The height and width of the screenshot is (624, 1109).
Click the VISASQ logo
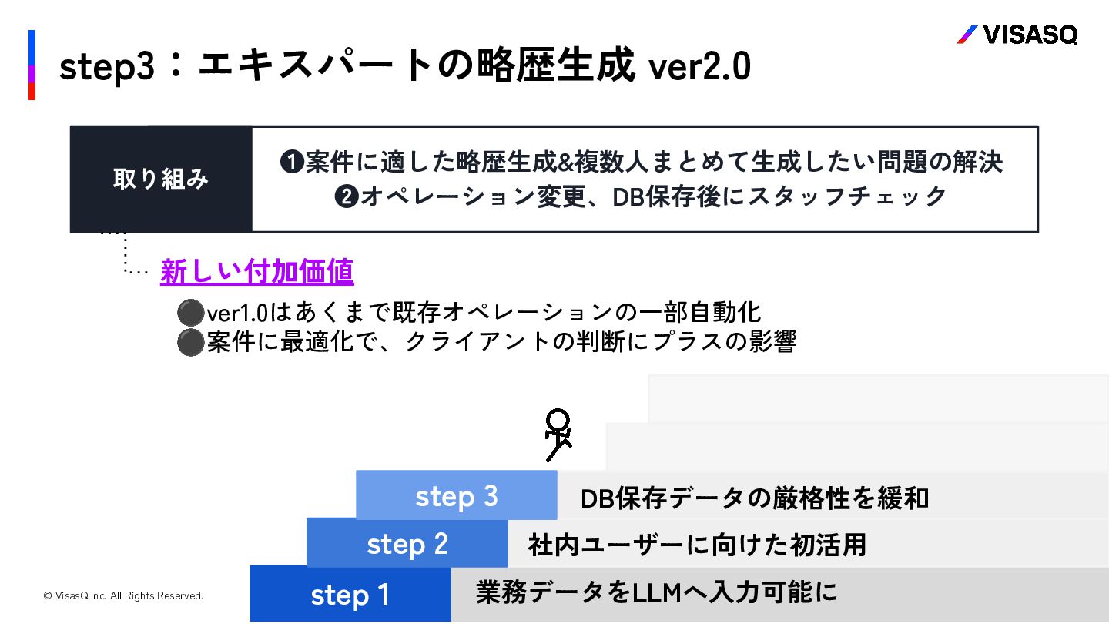(1017, 35)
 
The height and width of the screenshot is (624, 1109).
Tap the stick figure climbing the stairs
(558, 435)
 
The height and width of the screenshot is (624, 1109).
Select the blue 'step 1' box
(350, 594)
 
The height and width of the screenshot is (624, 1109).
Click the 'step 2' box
(407, 544)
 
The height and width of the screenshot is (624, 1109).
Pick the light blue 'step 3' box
(457, 495)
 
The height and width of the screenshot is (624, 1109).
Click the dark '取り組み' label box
(161, 179)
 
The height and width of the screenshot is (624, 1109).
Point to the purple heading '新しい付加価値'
(256, 271)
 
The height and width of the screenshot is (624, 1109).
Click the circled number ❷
(346, 197)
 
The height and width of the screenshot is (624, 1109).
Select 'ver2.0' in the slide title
(699, 68)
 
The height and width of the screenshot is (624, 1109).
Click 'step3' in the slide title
(108, 68)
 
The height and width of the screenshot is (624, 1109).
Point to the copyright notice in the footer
(123, 595)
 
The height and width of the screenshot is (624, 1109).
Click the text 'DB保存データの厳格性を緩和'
(755, 498)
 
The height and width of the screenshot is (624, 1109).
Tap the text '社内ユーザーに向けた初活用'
(697, 545)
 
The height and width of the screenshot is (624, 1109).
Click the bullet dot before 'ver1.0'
(189, 313)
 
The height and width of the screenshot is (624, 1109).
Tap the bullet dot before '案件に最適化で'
(189, 342)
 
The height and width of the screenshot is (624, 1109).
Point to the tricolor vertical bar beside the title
(32, 65)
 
